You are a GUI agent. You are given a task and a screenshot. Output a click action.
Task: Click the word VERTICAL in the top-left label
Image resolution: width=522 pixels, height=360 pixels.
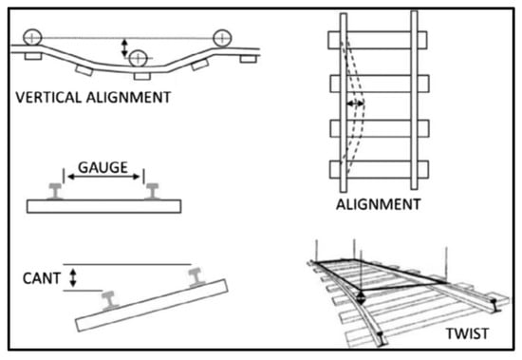(x=48, y=97)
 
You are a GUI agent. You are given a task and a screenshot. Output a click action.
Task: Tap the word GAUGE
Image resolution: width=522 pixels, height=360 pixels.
(x=103, y=167)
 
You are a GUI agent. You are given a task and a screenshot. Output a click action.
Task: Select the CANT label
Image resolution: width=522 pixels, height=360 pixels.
(x=42, y=278)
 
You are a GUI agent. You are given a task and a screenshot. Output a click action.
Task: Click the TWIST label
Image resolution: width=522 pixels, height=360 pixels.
(x=467, y=333)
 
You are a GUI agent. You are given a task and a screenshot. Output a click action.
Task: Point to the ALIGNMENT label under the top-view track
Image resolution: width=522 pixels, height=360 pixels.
(x=379, y=204)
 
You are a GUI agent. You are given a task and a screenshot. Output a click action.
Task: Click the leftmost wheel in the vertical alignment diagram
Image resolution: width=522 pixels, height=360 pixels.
(x=32, y=38)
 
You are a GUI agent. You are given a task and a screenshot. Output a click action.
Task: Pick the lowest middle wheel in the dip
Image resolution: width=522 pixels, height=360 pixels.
(x=139, y=59)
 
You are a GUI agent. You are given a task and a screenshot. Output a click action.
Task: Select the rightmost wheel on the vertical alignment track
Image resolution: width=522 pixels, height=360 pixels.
(x=222, y=38)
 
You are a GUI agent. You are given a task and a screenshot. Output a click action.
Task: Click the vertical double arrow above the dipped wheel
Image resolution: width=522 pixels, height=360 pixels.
(x=124, y=47)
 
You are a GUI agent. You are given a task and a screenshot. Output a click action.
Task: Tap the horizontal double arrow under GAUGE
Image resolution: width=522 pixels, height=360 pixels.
(x=103, y=177)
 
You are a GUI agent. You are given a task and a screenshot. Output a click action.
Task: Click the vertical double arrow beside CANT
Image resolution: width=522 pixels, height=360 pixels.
(x=72, y=278)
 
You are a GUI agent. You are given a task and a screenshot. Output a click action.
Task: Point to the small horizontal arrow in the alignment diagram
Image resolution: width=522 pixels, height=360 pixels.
(x=355, y=104)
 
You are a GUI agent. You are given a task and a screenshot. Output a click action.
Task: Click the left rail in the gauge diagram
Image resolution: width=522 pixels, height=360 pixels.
(x=55, y=191)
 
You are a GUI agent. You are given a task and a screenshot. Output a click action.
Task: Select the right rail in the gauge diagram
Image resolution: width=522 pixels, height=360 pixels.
(x=152, y=191)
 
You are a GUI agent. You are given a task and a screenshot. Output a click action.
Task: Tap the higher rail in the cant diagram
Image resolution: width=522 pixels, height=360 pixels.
(x=196, y=277)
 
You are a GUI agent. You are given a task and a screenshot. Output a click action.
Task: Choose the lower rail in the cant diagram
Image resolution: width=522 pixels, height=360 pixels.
(x=109, y=301)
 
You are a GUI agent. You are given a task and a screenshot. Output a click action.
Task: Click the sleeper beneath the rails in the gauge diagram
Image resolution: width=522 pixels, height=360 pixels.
(x=103, y=206)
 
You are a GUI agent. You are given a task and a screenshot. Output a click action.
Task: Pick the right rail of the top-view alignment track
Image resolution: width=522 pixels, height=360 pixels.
(x=414, y=100)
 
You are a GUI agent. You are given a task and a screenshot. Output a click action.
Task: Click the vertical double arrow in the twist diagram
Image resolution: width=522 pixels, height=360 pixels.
(x=362, y=297)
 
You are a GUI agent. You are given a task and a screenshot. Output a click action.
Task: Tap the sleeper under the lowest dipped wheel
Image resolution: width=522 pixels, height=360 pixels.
(x=142, y=76)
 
